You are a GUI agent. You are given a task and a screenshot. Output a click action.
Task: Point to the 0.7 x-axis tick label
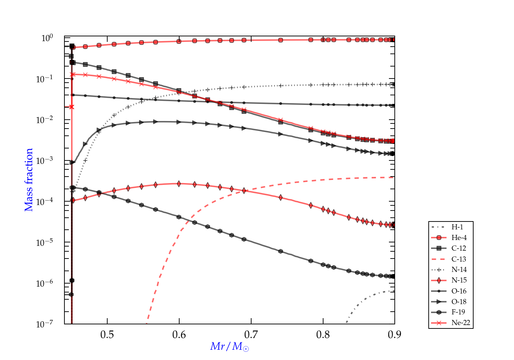251,335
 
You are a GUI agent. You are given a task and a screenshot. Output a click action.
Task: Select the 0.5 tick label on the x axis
107,335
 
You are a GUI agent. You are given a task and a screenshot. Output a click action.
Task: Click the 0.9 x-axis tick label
394,335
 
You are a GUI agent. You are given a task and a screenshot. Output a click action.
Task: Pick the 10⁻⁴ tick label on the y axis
45,202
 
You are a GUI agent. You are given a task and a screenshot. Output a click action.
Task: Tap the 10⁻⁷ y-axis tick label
45,324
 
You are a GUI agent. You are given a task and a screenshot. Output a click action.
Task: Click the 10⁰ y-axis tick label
47,38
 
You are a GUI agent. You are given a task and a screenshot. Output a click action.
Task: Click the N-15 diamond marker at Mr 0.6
179,184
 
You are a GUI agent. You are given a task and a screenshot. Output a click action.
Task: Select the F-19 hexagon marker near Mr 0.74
281,251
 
